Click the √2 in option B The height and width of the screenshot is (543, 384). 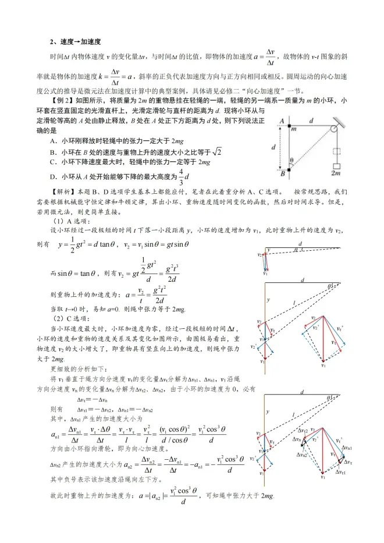tap(217, 151)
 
